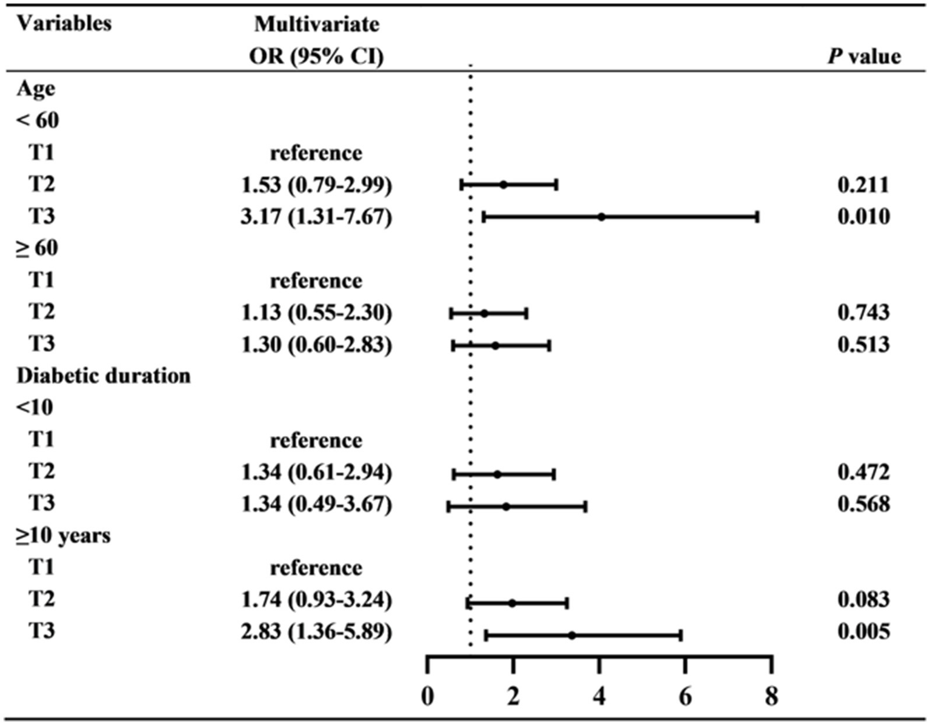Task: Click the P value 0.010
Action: [x=863, y=216]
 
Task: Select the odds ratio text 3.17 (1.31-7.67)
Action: [x=316, y=216]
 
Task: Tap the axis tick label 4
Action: [x=599, y=697]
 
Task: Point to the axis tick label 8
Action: [x=771, y=697]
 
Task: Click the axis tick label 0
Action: [x=428, y=697]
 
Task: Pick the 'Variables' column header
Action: [x=64, y=24]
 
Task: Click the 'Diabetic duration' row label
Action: [x=104, y=376]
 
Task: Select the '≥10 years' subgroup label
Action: [x=64, y=535]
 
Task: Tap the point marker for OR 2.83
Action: [x=571, y=635]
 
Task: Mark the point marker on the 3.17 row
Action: [x=601, y=217]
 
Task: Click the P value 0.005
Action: [x=863, y=631]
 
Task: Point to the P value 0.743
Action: [x=863, y=312]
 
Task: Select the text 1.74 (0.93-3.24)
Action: [x=316, y=600]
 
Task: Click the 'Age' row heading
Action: [x=36, y=88]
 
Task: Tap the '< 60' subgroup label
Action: [x=38, y=120]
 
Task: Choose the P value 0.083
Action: [x=863, y=600]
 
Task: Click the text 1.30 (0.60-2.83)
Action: [x=316, y=344]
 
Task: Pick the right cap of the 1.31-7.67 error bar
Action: [x=757, y=217]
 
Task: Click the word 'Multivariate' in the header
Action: [x=316, y=24]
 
